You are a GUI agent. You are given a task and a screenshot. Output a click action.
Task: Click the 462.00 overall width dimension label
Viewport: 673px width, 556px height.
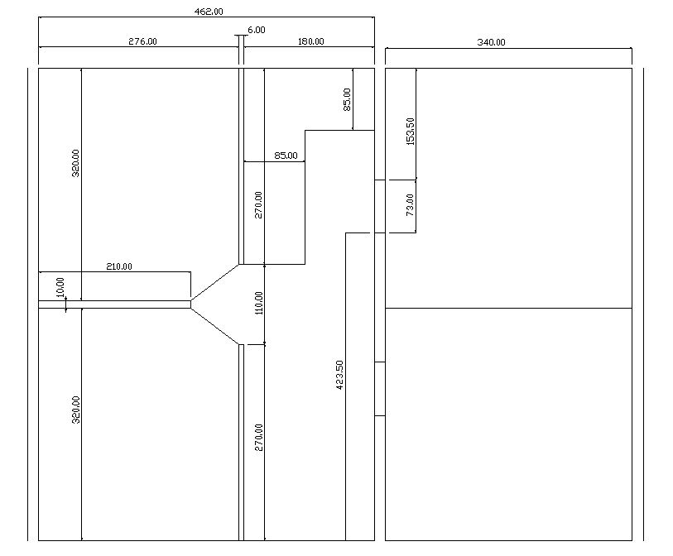(x=209, y=12)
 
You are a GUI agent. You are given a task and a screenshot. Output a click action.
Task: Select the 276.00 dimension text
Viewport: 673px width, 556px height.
(x=142, y=41)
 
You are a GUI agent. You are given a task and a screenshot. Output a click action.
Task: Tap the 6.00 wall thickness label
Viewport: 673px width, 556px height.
(x=257, y=30)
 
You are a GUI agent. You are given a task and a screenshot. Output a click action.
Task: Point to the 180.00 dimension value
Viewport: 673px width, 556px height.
(x=310, y=41)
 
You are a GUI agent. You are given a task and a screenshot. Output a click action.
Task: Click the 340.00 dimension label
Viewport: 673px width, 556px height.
(x=491, y=42)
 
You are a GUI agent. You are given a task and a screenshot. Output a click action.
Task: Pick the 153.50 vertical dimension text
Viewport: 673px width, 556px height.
(x=411, y=132)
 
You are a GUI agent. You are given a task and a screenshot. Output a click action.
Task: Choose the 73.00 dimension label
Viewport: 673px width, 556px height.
(x=410, y=204)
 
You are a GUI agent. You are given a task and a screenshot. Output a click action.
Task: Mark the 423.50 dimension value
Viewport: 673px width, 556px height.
(x=339, y=375)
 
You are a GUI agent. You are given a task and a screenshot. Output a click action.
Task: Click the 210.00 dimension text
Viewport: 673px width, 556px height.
(x=119, y=266)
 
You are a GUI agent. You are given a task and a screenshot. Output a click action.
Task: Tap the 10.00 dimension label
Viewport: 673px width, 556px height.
(x=60, y=287)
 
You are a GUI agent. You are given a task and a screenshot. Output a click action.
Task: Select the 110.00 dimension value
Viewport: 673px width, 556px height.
(x=259, y=303)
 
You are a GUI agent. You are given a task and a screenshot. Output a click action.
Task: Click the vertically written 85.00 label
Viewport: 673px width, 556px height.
(x=347, y=99)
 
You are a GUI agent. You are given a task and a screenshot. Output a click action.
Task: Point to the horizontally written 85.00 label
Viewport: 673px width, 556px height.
(x=286, y=156)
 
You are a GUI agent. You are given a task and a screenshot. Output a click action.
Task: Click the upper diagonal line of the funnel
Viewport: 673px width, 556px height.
(x=214, y=282)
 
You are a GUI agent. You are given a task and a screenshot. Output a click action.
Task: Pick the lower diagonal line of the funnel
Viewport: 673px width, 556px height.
(x=214, y=326)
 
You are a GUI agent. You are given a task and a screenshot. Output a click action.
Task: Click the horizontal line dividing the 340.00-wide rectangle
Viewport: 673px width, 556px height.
(x=508, y=308)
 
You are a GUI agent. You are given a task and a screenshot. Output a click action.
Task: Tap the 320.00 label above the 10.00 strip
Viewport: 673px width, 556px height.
(x=75, y=163)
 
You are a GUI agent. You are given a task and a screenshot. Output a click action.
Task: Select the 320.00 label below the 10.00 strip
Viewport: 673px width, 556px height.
(x=75, y=410)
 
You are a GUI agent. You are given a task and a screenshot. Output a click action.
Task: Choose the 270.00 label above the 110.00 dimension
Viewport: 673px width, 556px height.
(x=258, y=204)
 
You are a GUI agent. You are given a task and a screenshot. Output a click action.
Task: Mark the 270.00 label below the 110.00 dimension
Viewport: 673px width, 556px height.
(x=258, y=437)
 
